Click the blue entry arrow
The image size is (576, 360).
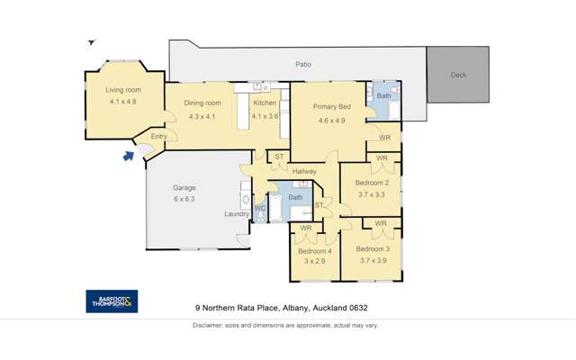[x=127, y=156]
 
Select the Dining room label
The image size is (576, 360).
[x=202, y=103]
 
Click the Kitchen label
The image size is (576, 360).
[x=265, y=103]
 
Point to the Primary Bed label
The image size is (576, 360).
[x=328, y=107]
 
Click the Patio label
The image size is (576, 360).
[x=303, y=64]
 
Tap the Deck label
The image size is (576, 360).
[x=459, y=75]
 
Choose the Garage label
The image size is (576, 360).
[x=184, y=188]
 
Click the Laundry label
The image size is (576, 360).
[x=237, y=213]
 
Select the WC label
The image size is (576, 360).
[x=259, y=209]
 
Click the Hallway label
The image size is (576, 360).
[x=304, y=171]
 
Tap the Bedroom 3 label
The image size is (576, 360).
[x=372, y=248]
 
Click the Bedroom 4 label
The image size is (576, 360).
[x=315, y=251]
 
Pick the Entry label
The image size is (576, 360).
[x=158, y=137]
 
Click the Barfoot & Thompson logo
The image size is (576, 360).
[x=112, y=301]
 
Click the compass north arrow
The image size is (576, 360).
[x=90, y=42]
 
